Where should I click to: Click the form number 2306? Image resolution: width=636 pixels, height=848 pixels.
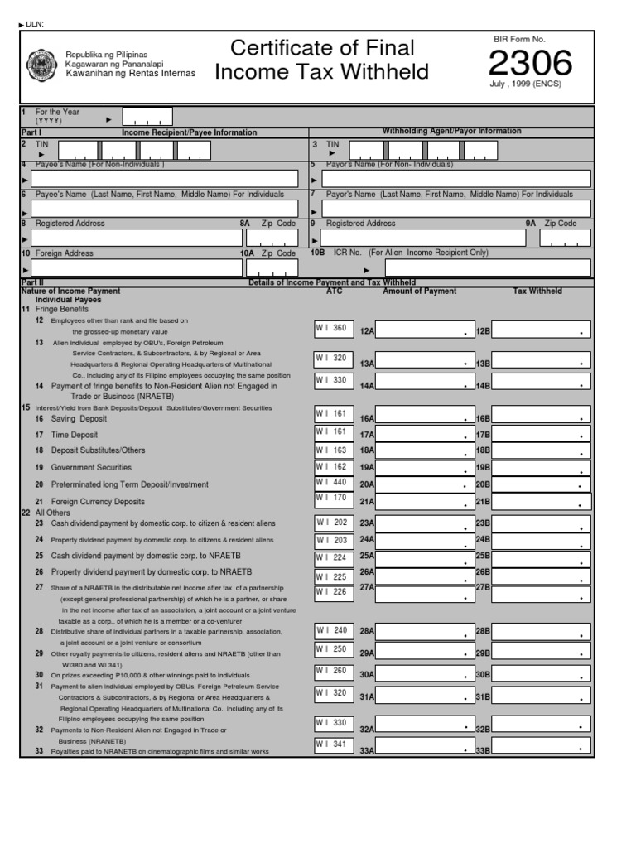(x=530, y=64)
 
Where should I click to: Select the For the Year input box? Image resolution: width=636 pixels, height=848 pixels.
(x=147, y=116)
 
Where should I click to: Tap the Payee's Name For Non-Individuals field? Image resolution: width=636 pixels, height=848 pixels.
(x=163, y=179)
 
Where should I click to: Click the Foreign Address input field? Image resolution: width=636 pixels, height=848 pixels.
(x=134, y=268)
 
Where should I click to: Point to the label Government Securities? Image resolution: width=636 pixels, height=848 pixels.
(x=91, y=468)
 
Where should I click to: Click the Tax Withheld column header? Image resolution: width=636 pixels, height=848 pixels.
(x=537, y=291)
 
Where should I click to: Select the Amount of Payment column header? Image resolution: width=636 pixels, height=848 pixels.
(x=419, y=291)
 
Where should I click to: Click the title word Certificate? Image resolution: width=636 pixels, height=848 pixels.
(x=282, y=48)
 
